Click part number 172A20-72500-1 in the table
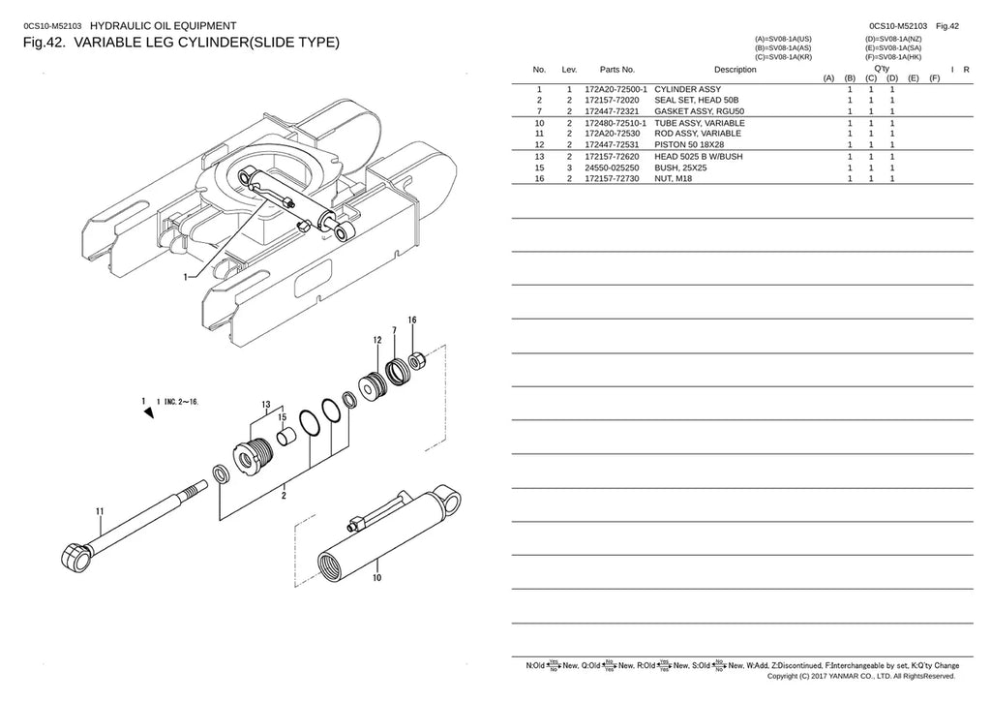pyautogui.click(x=616, y=90)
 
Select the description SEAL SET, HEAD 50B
pyautogui.click(x=697, y=100)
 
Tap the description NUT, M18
pyautogui.click(x=674, y=179)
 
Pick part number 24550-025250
pyautogui.click(x=612, y=168)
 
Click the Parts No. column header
pyautogui.click(x=616, y=70)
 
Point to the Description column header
pyautogui.click(x=736, y=70)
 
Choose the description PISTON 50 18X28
pyautogui.click(x=689, y=145)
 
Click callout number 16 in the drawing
pyautogui.click(x=412, y=320)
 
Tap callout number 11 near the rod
pyautogui.click(x=100, y=511)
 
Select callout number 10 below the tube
pyautogui.click(x=376, y=578)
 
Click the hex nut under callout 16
pyautogui.click(x=416, y=361)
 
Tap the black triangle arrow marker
pyautogui.click(x=149, y=412)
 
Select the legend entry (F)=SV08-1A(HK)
pyautogui.click(x=893, y=57)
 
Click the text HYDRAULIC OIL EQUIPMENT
pyautogui.click(x=163, y=26)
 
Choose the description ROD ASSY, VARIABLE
pyautogui.click(x=698, y=134)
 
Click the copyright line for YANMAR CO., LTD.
pyautogui.click(x=860, y=677)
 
